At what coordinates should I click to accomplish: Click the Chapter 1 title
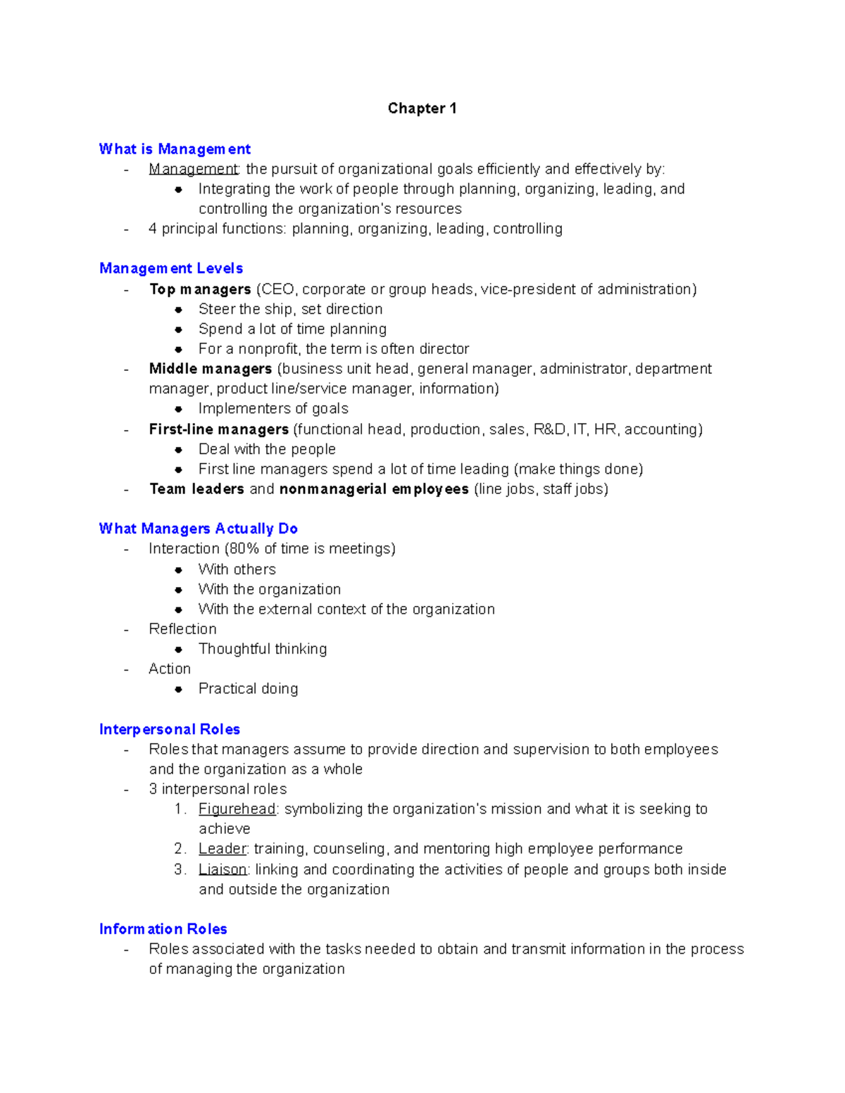click(422, 108)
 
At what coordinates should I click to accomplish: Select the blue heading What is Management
click(175, 149)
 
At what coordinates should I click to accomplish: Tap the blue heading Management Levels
click(171, 268)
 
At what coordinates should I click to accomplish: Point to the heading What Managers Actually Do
click(199, 529)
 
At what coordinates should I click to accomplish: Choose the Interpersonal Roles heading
click(170, 729)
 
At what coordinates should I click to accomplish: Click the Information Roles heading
click(163, 929)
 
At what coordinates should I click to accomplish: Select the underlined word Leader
click(223, 849)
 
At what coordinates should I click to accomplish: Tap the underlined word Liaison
click(223, 870)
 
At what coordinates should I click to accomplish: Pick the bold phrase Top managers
click(200, 289)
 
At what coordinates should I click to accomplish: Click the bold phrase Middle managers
click(211, 369)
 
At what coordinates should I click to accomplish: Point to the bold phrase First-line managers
click(219, 429)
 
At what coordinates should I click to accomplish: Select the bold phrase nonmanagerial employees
click(374, 489)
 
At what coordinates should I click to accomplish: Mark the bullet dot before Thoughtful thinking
click(179, 650)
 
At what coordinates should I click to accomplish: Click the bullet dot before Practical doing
click(179, 689)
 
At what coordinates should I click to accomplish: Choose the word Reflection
click(182, 629)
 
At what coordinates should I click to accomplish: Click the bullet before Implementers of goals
click(179, 409)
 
